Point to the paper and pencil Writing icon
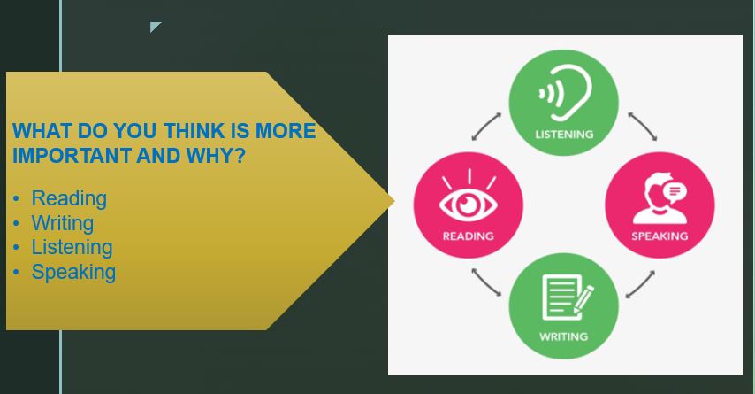tap(568, 297)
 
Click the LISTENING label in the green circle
tap(564, 134)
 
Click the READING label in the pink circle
tap(468, 236)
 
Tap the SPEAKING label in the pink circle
tap(660, 236)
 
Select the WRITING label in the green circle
tap(563, 336)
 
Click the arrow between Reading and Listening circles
tap(486, 127)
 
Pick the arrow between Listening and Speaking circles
tap(643, 127)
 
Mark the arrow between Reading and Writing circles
tap(486, 282)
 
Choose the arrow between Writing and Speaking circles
tap(640, 284)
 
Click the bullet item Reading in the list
tap(69, 198)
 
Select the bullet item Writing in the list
tap(63, 223)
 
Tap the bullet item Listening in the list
tap(72, 247)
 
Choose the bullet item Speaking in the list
tap(73, 272)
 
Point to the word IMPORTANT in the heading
tap(72, 156)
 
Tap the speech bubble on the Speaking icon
tap(675, 192)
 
